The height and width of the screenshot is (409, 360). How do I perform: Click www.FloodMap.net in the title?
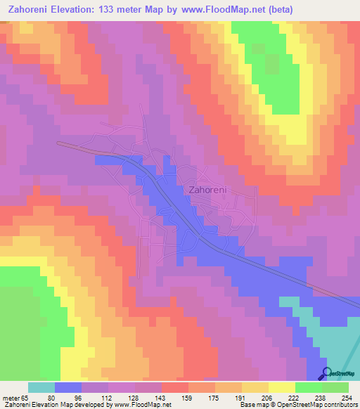pyautogui.click(x=219, y=10)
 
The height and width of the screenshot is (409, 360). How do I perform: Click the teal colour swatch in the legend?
pyautogui.click(x=41, y=387)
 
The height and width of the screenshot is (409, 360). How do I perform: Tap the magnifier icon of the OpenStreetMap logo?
pyautogui.click(x=326, y=373)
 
